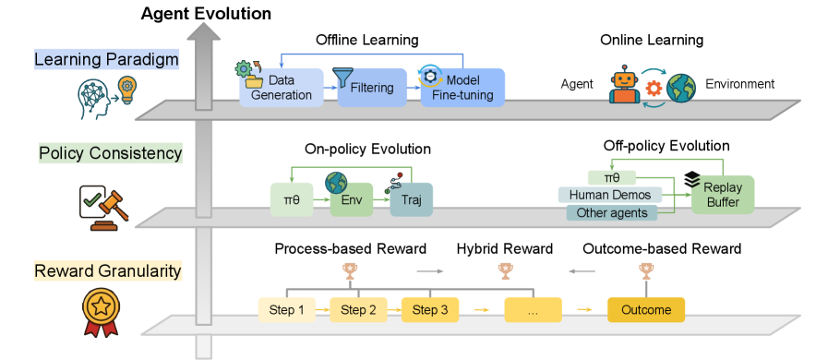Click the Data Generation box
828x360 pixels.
[282, 88]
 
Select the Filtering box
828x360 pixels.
[372, 88]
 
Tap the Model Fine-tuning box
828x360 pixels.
[462, 88]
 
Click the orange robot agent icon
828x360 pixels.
[624, 84]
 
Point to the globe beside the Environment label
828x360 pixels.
[681, 88]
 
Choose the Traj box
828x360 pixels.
[412, 200]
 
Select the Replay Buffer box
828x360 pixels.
[723, 194]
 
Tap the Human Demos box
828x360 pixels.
[610, 196]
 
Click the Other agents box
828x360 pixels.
[611, 213]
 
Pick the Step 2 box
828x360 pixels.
[358, 310]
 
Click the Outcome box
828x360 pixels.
[646, 310]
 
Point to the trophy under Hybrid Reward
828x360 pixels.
[505, 271]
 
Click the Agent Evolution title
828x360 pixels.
[206, 14]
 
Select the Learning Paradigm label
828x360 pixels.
[106, 60]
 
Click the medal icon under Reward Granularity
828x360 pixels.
[101, 311]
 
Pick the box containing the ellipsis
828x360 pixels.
[533, 310]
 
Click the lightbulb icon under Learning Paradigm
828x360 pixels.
[126, 89]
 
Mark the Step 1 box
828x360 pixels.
[287, 310]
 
